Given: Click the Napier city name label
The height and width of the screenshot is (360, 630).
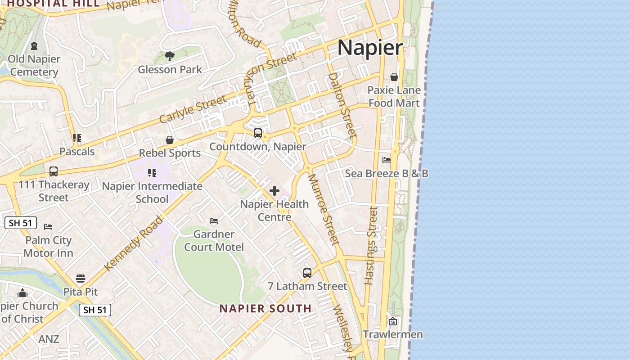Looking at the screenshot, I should (x=370, y=47).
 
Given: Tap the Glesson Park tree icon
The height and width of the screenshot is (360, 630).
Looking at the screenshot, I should (x=170, y=56).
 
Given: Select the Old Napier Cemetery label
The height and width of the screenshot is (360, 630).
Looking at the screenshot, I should (x=34, y=65).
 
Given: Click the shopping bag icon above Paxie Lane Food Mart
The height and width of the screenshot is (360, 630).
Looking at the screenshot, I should (x=394, y=77).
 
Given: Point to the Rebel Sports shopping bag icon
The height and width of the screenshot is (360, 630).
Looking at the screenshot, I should (x=170, y=140).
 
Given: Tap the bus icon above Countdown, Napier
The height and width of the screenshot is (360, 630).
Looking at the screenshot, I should (x=258, y=133).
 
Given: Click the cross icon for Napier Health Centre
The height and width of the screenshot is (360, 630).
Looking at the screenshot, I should (x=274, y=191).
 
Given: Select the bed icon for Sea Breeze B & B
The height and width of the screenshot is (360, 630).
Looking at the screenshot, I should (x=386, y=160).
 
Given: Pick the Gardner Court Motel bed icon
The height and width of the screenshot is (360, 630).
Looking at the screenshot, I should (x=214, y=221).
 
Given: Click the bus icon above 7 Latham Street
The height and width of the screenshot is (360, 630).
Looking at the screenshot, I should (x=307, y=273).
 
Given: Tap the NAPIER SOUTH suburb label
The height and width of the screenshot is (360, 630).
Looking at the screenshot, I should (x=265, y=309).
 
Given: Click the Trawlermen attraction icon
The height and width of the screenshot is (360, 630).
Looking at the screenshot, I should (x=393, y=321).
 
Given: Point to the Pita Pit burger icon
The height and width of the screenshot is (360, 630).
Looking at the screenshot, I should (x=81, y=279).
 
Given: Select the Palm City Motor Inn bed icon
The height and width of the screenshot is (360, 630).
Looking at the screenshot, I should (x=48, y=227).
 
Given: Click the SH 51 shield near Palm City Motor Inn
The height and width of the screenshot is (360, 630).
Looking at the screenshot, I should (x=21, y=223).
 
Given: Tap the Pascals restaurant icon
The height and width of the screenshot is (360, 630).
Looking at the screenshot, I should (x=77, y=138).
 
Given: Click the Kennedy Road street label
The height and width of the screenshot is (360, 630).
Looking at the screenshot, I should (x=133, y=243).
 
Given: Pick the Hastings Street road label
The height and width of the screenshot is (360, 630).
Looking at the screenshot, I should (x=370, y=245).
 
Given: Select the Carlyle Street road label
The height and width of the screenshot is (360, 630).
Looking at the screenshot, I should (x=192, y=109).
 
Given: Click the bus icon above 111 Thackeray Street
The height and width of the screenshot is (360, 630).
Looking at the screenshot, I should (x=54, y=171).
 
